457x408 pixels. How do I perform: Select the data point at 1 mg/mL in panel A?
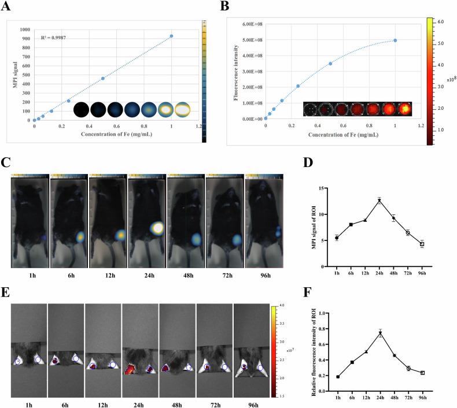click(x=171, y=36)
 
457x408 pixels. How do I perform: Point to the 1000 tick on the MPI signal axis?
click(x=25, y=29)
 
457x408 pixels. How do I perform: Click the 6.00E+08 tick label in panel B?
click(x=250, y=24)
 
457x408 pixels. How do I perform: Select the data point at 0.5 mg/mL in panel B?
click(x=330, y=64)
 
